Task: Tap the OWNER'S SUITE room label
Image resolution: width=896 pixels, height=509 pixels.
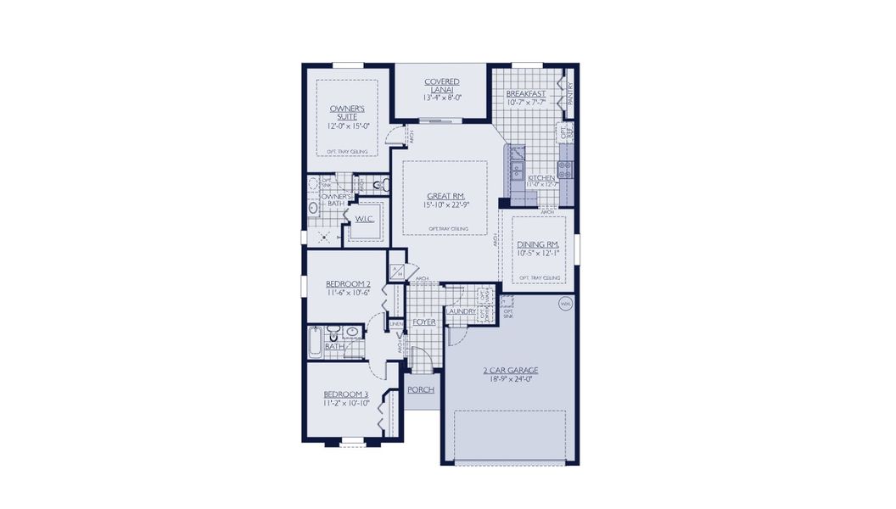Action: coord(347,113)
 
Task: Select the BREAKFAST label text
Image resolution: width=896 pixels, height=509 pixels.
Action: coord(525,93)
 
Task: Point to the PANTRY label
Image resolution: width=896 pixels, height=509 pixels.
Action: coord(571,92)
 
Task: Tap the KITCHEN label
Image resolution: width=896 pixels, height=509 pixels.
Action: coord(540,178)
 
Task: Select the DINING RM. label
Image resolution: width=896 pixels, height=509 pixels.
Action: coord(538,244)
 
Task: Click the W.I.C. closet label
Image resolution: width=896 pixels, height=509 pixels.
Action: coord(365,219)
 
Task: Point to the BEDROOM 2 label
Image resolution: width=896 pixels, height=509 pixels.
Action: coord(349,284)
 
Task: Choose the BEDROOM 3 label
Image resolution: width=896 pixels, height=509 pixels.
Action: coord(346,394)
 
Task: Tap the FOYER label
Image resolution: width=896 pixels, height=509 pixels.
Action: coord(424,323)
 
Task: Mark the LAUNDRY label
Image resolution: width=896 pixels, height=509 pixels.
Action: coord(460,312)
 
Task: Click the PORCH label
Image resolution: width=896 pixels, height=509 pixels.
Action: coord(421,390)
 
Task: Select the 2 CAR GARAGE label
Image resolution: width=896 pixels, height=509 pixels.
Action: coord(511,371)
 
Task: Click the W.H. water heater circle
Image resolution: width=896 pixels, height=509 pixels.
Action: coord(566,303)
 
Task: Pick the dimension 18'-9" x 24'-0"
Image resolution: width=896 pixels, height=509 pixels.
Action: coord(511,380)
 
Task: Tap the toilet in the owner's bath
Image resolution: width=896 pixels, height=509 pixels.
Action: coord(377,183)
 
